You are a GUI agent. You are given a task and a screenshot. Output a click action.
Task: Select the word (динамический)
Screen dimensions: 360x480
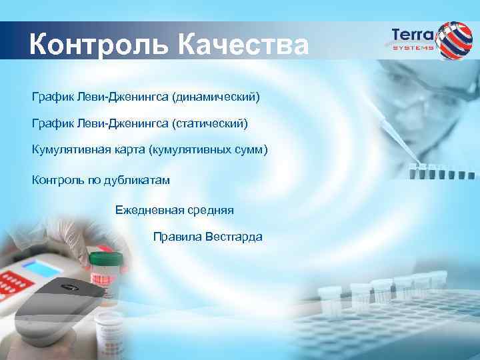click(x=215, y=98)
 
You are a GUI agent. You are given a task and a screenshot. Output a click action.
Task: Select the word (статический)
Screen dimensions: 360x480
click(x=209, y=123)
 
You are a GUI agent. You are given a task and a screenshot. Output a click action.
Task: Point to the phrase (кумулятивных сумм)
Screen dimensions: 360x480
click(x=210, y=149)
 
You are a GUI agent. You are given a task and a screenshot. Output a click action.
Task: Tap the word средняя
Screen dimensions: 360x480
click(x=210, y=210)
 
